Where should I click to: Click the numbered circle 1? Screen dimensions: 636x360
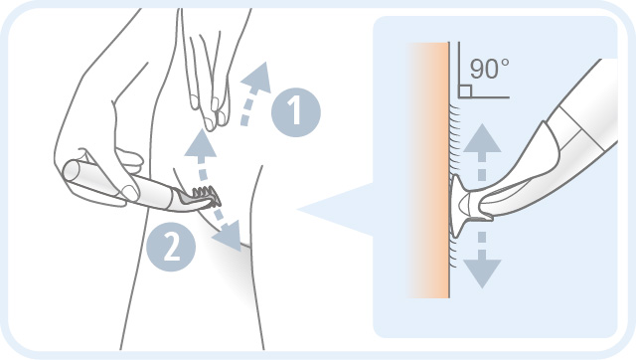point(296,112)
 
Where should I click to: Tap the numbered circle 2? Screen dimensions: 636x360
point(171,247)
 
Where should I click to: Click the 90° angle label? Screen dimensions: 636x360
point(490,69)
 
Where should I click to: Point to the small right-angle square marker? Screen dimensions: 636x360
point(465,90)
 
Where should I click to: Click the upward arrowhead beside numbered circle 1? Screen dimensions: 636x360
point(256,78)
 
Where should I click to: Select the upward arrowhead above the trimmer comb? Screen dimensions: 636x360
point(201,143)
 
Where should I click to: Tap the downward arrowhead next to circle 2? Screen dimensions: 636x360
point(228,237)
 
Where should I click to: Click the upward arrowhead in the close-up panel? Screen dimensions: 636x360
point(482,139)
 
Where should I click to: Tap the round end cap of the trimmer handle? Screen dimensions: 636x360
point(72,171)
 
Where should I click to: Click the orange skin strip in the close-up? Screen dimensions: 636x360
point(428,170)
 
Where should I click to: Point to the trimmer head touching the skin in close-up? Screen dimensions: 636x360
point(462,206)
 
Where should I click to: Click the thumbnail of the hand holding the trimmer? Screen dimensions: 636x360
point(130,192)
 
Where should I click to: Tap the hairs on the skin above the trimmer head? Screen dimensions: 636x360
point(456,138)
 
